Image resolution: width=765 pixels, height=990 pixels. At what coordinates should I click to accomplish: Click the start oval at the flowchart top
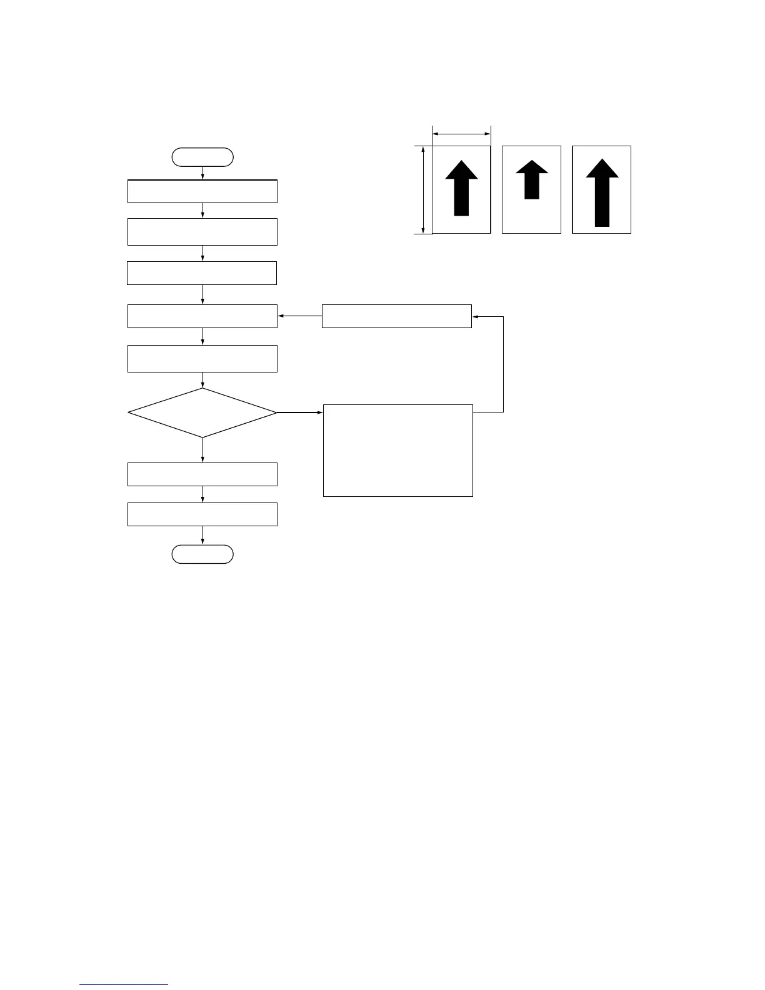coord(202,157)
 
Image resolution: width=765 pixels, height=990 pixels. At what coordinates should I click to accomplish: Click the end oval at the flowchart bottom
coord(202,554)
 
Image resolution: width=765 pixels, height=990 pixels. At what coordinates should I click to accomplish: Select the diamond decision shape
coord(202,412)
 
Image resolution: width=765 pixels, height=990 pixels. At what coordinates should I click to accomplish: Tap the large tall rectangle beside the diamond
coord(397,450)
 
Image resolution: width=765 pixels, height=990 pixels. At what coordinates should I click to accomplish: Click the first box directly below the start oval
coord(202,191)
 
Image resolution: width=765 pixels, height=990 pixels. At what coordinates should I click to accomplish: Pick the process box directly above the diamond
coord(202,359)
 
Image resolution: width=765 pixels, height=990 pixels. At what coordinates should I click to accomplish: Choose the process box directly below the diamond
coord(202,474)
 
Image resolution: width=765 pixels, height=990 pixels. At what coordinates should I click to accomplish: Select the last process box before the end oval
coord(202,514)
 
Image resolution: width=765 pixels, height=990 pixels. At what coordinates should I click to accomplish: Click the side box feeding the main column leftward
coord(396,316)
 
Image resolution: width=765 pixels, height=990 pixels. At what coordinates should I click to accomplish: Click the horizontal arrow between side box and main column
coord(299,316)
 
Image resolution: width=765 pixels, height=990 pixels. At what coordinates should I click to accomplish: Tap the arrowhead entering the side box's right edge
coord(475,316)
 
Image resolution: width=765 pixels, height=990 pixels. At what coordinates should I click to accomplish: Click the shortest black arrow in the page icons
coord(532,179)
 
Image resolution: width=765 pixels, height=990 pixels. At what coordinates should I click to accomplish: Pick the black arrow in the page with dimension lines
coord(461,188)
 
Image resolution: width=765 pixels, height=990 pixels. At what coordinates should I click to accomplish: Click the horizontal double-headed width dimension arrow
coord(461,133)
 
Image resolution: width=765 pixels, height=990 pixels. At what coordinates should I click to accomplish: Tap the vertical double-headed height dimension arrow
coord(424,190)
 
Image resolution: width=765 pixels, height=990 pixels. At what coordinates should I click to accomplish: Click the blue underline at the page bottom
coord(124,985)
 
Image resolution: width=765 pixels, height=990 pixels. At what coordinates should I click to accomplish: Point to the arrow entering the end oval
coord(202,536)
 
